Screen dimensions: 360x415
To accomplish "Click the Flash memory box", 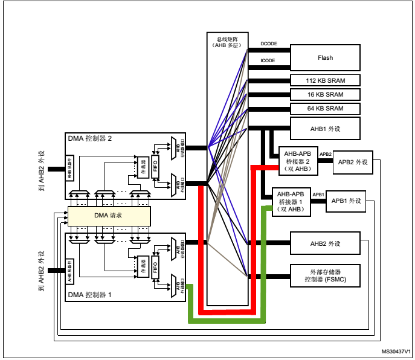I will pyautogui.click(x=325, y=58).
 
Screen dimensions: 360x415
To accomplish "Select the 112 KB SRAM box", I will pyautogui.click(x=325, y=80).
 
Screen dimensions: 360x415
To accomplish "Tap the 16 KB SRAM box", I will pyautogui.click(x=325, y=94).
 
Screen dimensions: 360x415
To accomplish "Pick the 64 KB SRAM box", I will pyautogui.click(x=325, y=109).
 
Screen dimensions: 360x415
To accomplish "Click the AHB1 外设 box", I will pyautogui.click(x=325, y=128).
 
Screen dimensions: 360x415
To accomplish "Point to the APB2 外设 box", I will pyautogui.click(x=353, y=162).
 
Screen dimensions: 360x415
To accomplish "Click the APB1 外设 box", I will pyautogui.click(x=346, y=201).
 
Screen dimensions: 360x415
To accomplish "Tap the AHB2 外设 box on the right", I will pyautogui.click(x=325, y=243).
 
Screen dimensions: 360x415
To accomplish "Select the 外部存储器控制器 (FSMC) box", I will pyautogui.click(x=325, y=277).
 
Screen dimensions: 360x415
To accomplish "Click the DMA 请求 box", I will pyautogui.click(x=108, y=216).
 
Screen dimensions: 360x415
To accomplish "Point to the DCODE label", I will pyautogui.click(x=268, y=45).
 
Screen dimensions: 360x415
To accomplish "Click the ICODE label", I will pyautogui.click(x=268, y=60).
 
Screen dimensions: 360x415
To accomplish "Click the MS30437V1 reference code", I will pyautogui.click(x=396, y=351).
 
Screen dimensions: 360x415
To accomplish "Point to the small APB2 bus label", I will pyautogui.click(x=325, y=155).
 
